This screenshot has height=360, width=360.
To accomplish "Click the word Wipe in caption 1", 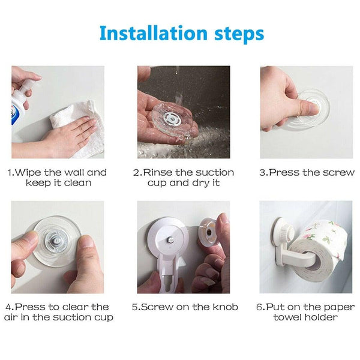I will (x=30, y=173).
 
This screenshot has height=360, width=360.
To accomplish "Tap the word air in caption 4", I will (x=13, y=317).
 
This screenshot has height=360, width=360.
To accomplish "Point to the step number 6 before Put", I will (x=260, y=307).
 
